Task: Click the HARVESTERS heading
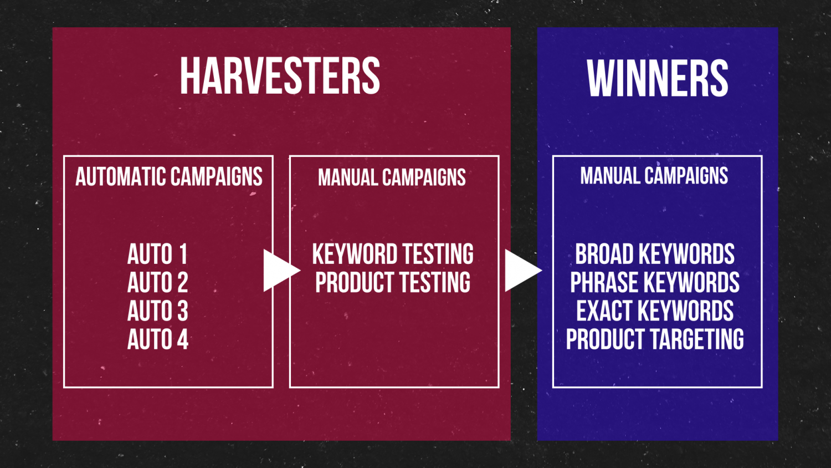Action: click(x=280, y=76)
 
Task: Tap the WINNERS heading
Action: click(x=658, y=78)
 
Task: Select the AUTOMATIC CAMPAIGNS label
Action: click(x=169, y=176)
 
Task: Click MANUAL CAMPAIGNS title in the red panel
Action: click(x=392, y=177)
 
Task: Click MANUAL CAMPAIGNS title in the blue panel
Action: click(x=654, y=176)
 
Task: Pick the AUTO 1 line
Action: click(x=157, y=254)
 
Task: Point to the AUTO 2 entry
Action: click(x=158, y=282)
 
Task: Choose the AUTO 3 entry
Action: click(x=158, y=311)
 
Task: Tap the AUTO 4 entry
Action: click(x=158, y=339)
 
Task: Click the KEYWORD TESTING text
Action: click(x=393, y=254)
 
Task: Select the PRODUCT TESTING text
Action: click(x=393, y=282)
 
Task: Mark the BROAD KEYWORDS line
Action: click(x=655, y=254)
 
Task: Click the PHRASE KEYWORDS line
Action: click(x=655, y=282)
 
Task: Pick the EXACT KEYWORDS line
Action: click(x=655, y=311)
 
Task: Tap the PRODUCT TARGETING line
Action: click(x=655, y=339)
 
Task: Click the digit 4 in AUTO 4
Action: click(x=182, y=339)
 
